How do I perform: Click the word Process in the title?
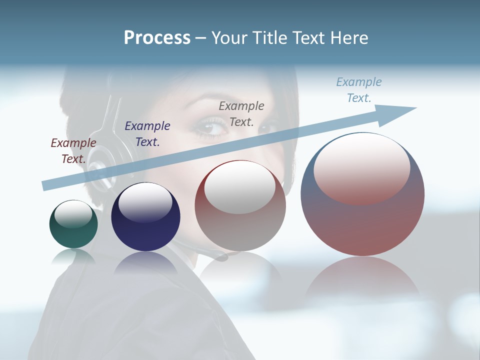[157, 38]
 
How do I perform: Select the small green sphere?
[73, 224]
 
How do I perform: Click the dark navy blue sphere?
[145, 217]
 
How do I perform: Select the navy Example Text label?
[147, 134]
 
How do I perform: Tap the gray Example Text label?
[241, 114]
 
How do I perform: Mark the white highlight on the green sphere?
[73, 214]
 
